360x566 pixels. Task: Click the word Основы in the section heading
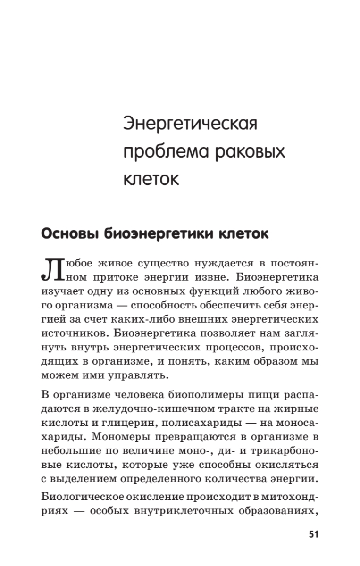70,234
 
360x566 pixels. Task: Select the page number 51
314,534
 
